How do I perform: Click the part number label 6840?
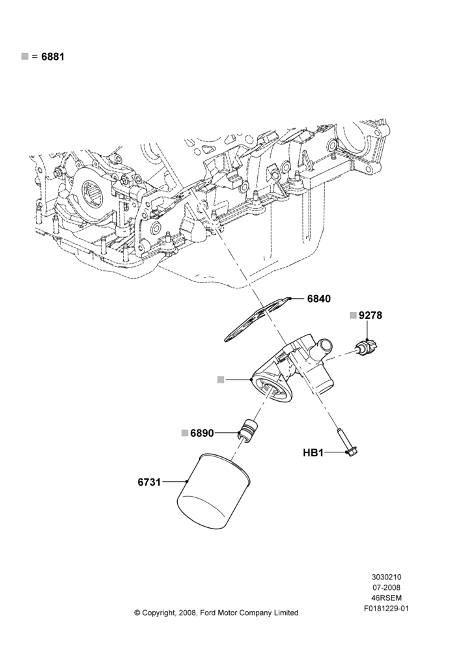click(319, 299)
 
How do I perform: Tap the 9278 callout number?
click(370, 315)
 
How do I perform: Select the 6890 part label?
click(203, 433)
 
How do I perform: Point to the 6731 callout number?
click(149, 482)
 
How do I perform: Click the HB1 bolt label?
click(313, 452)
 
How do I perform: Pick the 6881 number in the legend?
click(53, 57)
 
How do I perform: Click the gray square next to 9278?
click(353, 315)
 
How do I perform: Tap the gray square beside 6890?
click(185, 433)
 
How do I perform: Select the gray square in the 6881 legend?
click(25, 56)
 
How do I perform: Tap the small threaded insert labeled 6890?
click(248, 430)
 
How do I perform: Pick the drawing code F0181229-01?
click(387, 609)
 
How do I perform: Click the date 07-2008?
click(386, 587)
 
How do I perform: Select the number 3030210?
click(386, 577)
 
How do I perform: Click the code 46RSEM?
click(386, 598)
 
